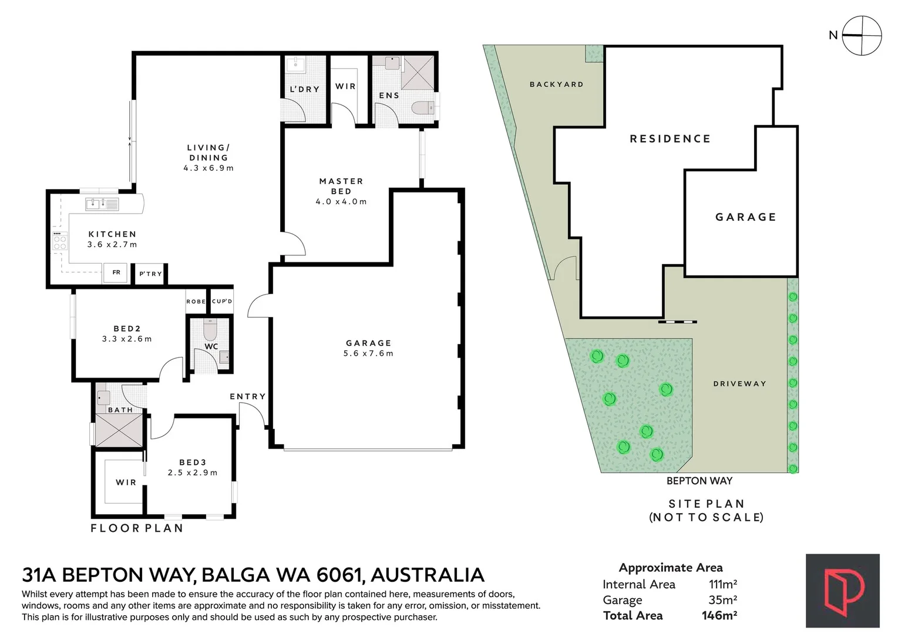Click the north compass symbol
(862, 36)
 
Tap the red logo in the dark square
(843, 591)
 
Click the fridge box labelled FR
(116, 273)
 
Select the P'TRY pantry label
(151, 274)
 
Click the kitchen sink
(102, 204)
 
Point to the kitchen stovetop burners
(60, 240)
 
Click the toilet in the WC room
(210, 329)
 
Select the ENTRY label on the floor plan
(248, 396)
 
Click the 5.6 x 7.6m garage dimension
(368, 353)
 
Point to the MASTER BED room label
(341, 186)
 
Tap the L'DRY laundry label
(305, 89)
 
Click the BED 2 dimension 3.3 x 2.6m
(127, 339)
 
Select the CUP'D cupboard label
(222, 301)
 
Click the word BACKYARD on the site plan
(556, 84)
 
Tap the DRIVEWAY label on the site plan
(739, 383)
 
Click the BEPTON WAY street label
(699, 481)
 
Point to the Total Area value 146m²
(719, 615)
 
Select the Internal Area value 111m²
(723, 584)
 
